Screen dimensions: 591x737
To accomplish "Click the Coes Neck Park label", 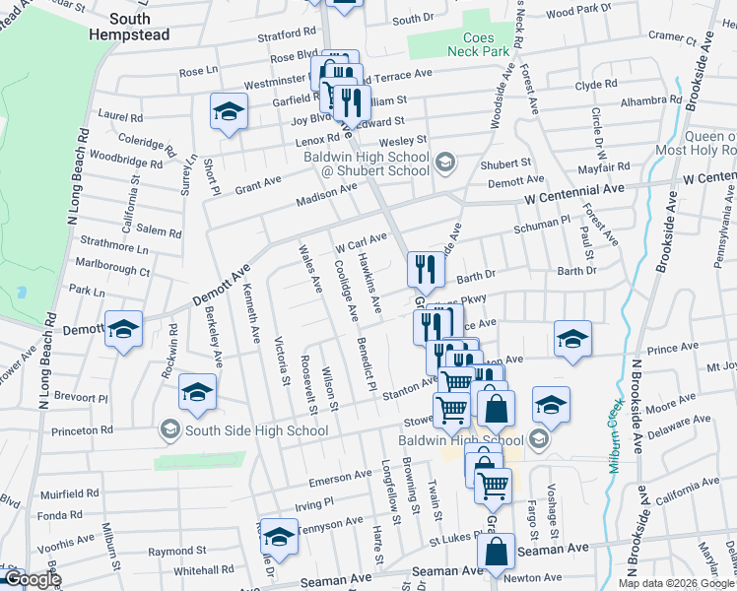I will pyautogui.click(x=478, y=43).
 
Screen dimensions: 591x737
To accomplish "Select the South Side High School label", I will pyautogui.click(x=243, y=430).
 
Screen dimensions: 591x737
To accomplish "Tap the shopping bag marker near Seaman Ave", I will pyautogui.click(x=498, y=554).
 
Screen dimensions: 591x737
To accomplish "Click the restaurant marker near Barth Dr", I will pyautogui.click(x=425, y=268).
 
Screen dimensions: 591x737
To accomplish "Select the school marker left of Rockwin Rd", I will pyautogui.click(x=124, y=329).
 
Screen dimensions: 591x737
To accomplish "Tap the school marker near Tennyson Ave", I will pyautogui.click(x=279, y=537).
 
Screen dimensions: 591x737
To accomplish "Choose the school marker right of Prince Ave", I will pyautogui.click(x=572, y=339).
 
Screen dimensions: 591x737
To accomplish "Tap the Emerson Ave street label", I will pyautogui.click(x=339, y=477).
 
